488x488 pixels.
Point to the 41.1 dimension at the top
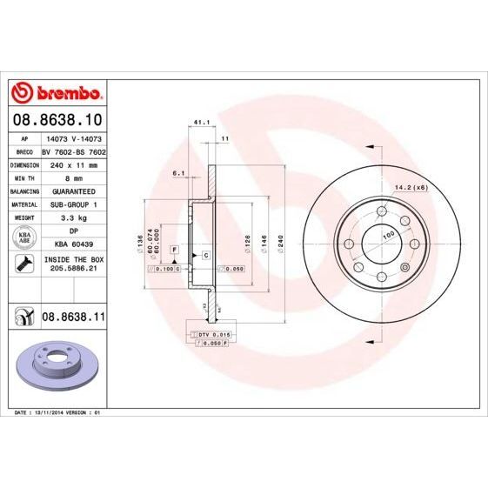click(199, 124)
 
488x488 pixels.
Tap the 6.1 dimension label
click(179, 173)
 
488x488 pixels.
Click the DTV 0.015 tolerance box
click(214, 334)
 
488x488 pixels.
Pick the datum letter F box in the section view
click(174, 250)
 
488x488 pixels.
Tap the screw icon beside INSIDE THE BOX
click(21, 264)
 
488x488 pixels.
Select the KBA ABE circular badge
click(21, 237)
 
